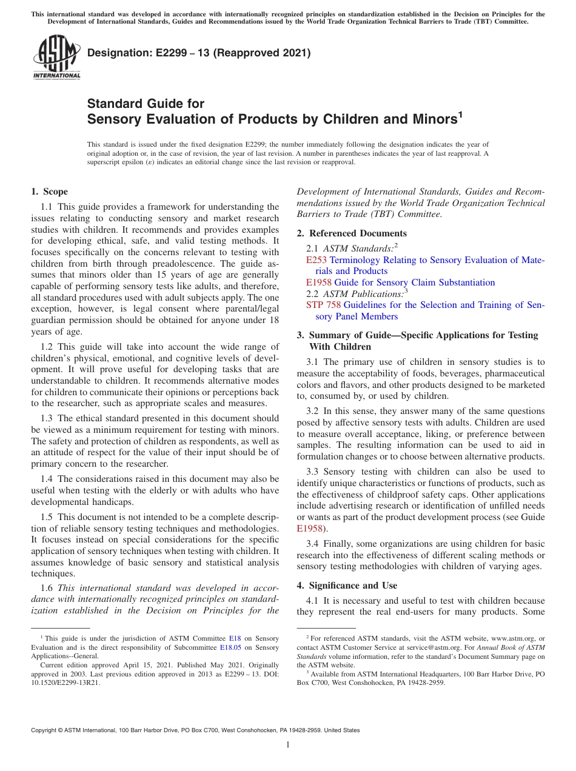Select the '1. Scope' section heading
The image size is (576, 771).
pos(50,192)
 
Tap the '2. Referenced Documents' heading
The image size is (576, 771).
pos(352,233)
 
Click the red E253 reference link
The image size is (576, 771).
pos(316,260)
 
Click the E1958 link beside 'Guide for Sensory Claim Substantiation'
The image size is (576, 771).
pos(319,282)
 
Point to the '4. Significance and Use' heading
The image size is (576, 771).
pos(347,586)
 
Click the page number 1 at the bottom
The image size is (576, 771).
pos(288,745)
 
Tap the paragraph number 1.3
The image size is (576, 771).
pos(48,418)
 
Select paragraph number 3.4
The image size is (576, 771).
pos(313,544)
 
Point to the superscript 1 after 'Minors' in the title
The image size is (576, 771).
pos(461,114)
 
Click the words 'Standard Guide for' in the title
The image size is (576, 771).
pos(146,104)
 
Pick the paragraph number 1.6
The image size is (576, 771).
pos(48,588)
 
